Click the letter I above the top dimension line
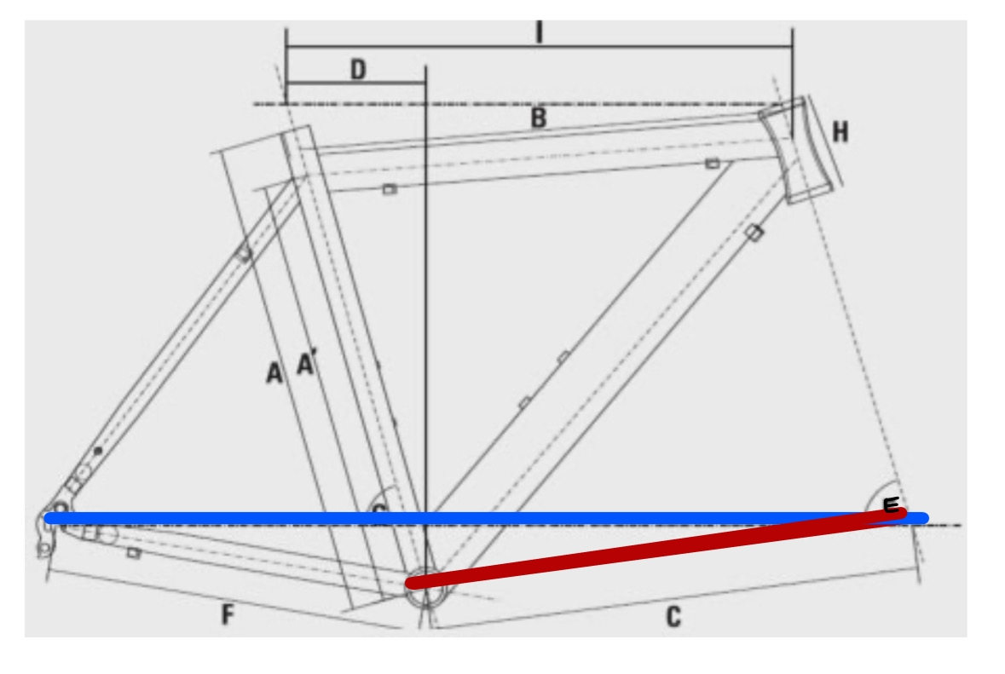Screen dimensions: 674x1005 point(539,32)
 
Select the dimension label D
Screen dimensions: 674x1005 point(358,70)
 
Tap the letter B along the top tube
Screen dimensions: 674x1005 point(538,118)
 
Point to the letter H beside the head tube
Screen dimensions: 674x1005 point(840,132)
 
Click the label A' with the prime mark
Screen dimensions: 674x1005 point(306,364)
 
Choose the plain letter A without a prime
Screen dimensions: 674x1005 point(274,372)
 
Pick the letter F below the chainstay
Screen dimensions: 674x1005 point(228,614)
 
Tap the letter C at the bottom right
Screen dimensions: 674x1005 point(673,617)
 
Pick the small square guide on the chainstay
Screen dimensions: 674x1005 point(134,553)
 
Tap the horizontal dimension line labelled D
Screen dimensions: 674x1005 point(355,83)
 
